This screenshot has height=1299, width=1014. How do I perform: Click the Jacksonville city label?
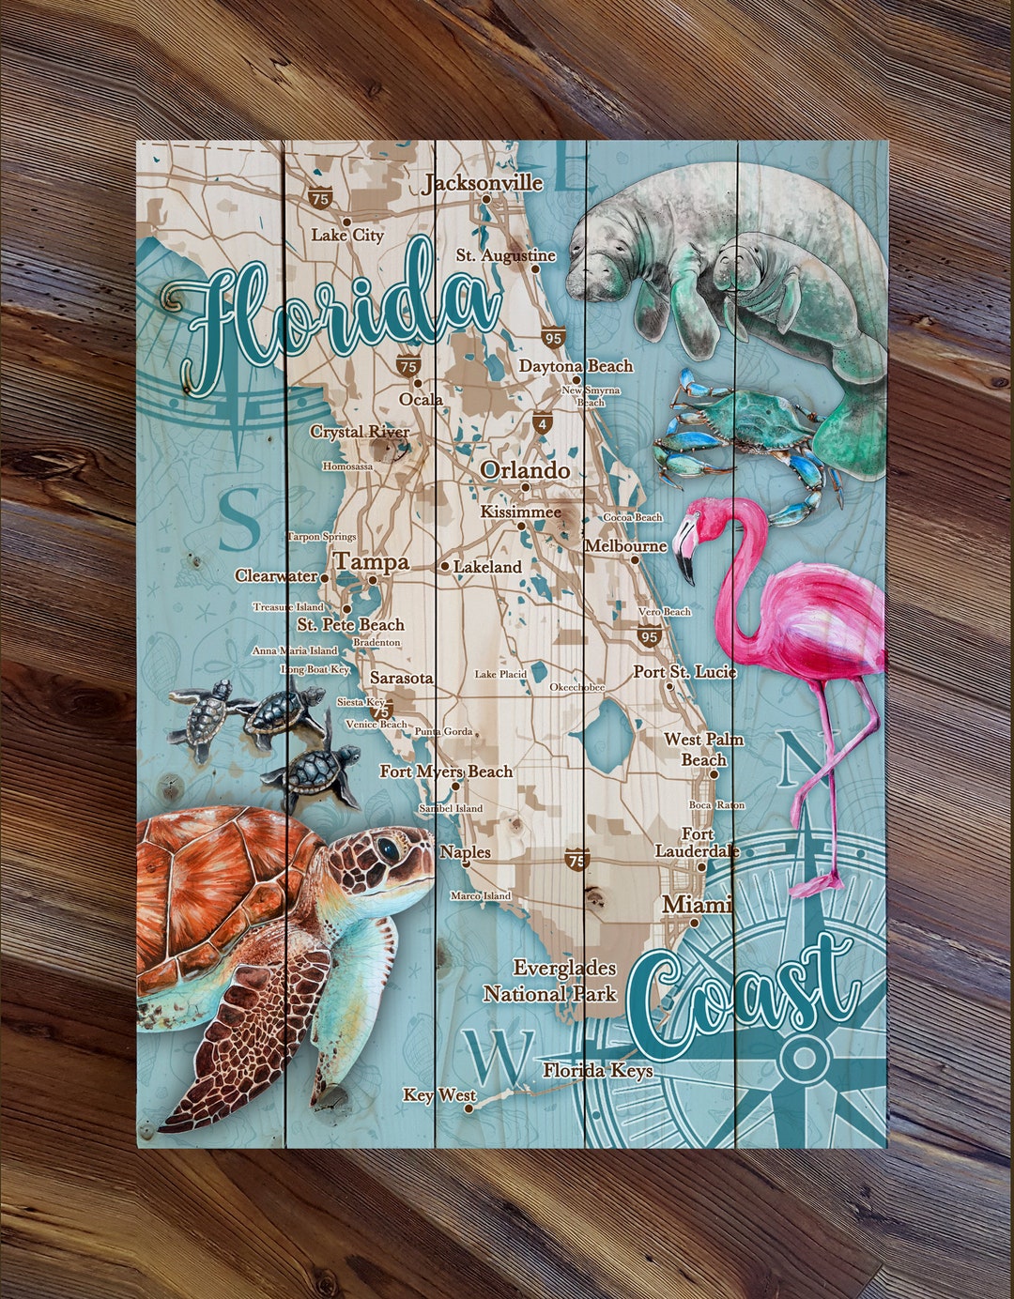pos(483,182)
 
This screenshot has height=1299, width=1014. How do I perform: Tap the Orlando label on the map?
pos(525,470)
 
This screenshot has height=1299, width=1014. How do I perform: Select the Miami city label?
pos(697,905)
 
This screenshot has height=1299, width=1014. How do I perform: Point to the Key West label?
pos(439,1094)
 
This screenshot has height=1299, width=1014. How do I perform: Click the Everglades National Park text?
pos(551,981)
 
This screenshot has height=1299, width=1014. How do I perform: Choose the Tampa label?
pos(372,562)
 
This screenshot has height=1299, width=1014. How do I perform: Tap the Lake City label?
pos(347,235)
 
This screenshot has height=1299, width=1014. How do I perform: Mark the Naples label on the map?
pos(466,851)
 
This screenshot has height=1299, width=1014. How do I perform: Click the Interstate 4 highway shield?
pos(542,424)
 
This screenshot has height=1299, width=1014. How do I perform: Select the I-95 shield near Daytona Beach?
pos(552,338)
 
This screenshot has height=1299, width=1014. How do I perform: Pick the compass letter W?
pos(499,1056)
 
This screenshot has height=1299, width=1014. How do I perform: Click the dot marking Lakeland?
pos(445,567)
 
